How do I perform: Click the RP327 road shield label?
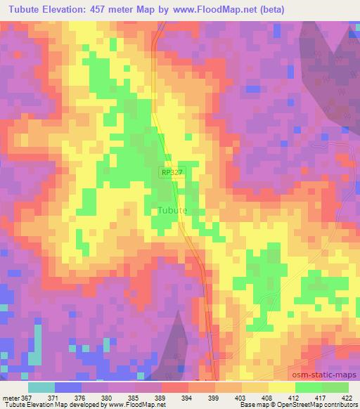[x=172, y=171]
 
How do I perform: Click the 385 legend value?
[x=136, y=397]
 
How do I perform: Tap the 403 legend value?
[x=241, y=397]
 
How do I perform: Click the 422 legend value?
[x=347, y=397]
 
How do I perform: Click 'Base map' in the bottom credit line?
[x=252, y=405]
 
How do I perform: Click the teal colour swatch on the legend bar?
[x=41, y=387]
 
